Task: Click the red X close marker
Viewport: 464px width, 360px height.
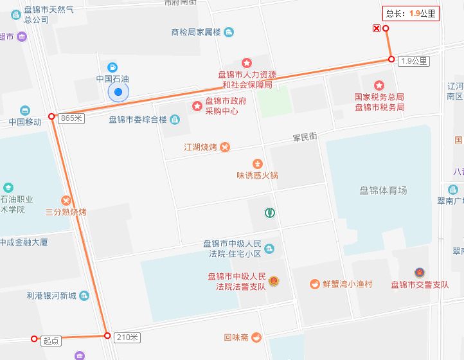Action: pos(376,28)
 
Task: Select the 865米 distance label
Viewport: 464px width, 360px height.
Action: pos(71,118)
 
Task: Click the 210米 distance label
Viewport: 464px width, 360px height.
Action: pos(126,337)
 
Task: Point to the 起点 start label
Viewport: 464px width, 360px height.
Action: pos(51,341)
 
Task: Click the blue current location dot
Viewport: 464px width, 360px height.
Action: pos(118,93)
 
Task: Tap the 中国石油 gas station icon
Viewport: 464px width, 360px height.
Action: pos(112,67)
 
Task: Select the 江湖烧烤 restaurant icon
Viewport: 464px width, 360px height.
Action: pos(224,147)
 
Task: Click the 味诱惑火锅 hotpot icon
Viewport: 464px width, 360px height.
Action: pos(257,163)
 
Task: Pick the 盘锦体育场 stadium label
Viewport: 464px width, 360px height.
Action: pos(383,190)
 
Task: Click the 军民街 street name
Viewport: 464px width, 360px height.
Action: pos(305,137)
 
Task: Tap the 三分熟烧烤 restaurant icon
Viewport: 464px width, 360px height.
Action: pos(66,200)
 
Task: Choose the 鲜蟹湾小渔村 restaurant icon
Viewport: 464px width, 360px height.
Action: pos(314,283)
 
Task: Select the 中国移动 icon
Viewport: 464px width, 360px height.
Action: pos(25,111)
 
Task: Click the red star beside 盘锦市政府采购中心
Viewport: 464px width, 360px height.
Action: pos(197,105)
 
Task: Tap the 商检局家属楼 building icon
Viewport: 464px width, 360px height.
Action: pos(229,32)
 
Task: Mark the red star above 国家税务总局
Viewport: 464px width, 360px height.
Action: pos(379,85)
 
